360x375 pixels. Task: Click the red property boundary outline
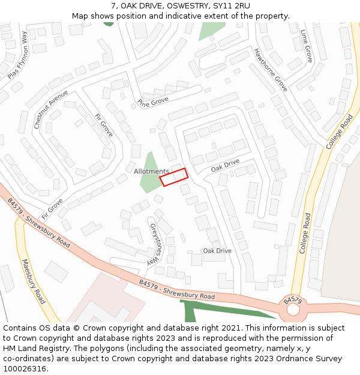point(173,177)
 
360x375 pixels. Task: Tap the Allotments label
point(151,172)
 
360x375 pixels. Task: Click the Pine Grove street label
point(152,101)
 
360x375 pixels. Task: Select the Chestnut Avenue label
point(47,110)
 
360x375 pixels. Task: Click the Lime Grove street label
point(307,46)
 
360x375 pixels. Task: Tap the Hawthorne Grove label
point(271,70)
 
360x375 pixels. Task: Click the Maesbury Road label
point(34,281)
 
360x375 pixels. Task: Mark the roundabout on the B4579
point(293,310)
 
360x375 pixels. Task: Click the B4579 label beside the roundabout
point(292,299)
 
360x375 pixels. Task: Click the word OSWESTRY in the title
point(187,6)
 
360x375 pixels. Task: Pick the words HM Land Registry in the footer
point(34,348)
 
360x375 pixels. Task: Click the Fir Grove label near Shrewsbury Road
point(52,208)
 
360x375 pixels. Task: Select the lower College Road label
point(304,233)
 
